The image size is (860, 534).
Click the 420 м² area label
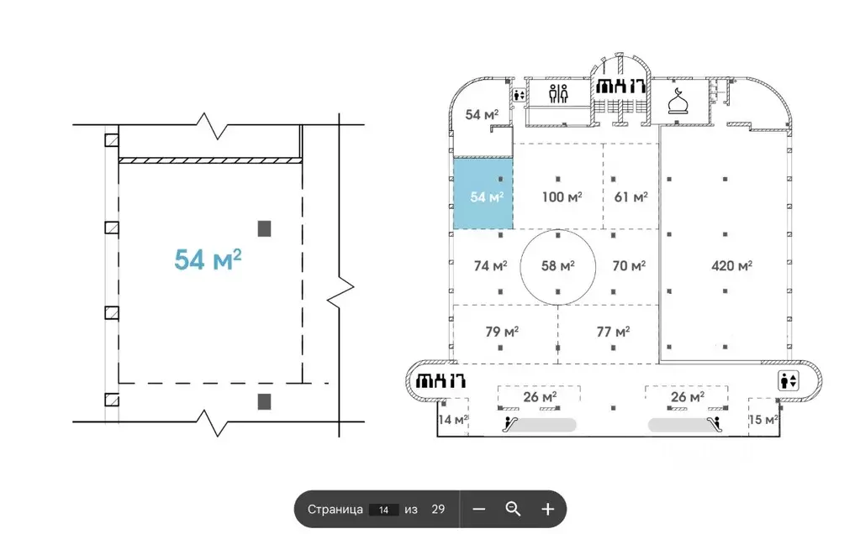pos(731,265)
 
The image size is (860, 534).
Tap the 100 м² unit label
pos(562,196)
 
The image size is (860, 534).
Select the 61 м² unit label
pos(630,196)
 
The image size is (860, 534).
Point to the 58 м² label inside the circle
pos(558,265)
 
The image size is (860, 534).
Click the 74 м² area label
pos(490,265)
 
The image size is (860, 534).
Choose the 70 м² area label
pos(629,265)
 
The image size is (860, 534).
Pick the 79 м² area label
pos(502,332)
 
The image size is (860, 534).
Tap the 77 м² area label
pos(613,332)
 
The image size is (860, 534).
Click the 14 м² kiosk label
pos(453,420)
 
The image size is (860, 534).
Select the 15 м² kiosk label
pos(763,420)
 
